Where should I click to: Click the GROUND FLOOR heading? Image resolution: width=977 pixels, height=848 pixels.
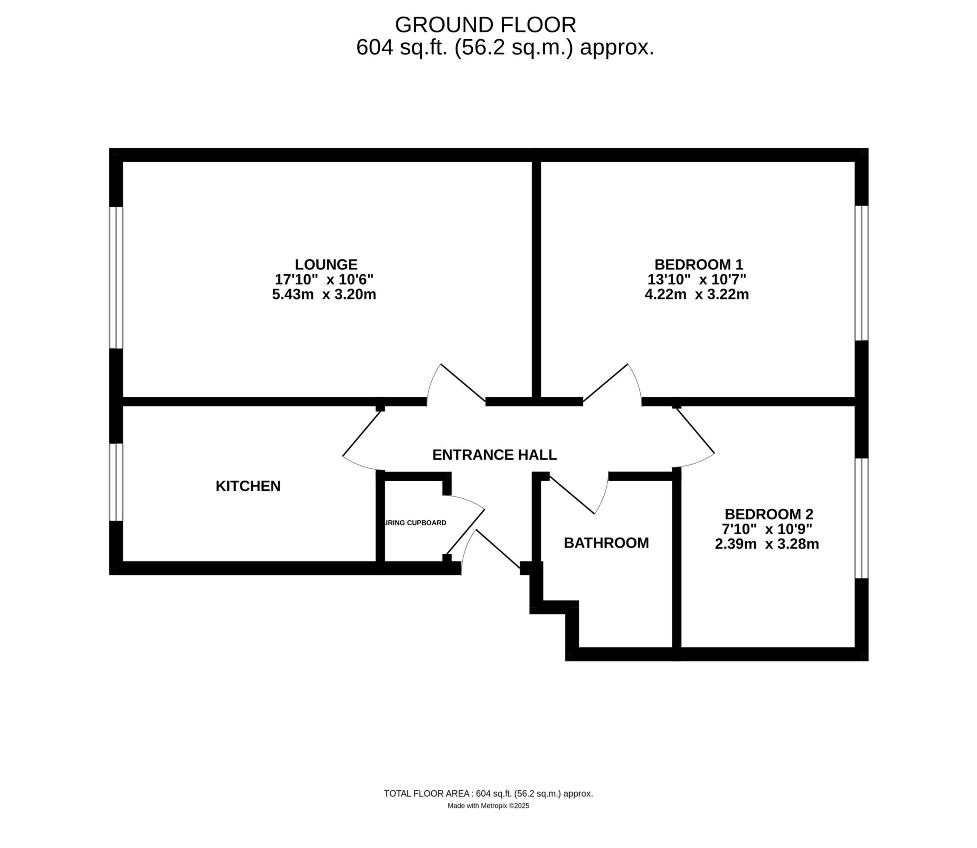(x=485, y=25)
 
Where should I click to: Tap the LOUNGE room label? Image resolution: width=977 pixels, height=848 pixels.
(x=326, y=264)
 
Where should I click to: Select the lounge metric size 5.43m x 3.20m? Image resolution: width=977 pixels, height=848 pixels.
(x=324, y=294)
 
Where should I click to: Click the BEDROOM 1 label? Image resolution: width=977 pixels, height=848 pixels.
(x=698, y=264)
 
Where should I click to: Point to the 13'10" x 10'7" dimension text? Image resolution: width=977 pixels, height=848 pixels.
(x=696, y=279)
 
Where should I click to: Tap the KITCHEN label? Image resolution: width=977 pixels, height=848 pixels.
(x=248, y=486)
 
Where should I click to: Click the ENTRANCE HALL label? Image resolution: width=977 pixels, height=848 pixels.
(x=494, y=455)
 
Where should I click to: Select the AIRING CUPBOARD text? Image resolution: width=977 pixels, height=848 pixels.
(x=415, y=523)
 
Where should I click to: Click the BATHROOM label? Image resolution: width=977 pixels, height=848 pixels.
(x=606, y=543)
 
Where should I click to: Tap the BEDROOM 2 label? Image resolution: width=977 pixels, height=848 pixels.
(x=769, y=514)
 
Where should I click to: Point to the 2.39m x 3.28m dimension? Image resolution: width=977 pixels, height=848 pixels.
(x=767, y=544)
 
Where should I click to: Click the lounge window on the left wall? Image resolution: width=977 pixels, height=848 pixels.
(x=116, y=277)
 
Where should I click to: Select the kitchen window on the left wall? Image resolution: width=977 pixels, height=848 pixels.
(x=116, y=482)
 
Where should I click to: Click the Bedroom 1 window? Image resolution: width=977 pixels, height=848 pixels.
(x=861, y=273)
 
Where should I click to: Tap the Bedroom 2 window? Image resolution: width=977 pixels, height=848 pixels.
(x=861, y=518)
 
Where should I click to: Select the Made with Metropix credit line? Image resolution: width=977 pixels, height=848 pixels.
(x=488, y=806)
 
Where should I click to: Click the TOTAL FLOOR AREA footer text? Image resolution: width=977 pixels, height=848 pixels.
(x=488, y=794)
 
